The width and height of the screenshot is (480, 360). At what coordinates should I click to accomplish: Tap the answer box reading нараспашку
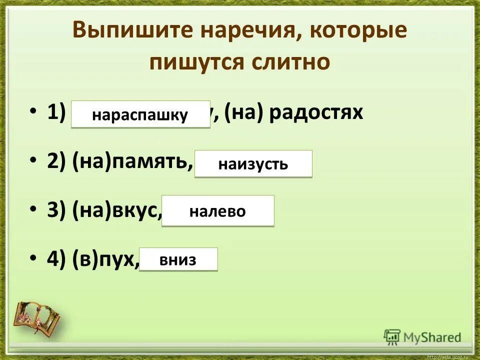tap(140, 115)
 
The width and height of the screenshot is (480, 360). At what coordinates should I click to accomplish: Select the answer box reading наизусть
tap(253, 164)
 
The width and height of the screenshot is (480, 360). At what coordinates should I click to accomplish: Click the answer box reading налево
tap(217, 211)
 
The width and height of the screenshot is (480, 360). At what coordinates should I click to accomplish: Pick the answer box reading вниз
tap(178, 259)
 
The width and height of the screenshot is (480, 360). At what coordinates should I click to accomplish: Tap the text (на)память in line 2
tap(132, 161)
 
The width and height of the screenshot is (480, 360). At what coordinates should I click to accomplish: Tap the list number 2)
tap(56, 161)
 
